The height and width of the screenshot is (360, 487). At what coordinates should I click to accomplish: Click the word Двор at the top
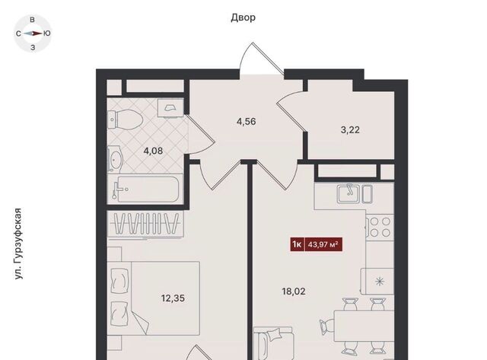coord(243,18)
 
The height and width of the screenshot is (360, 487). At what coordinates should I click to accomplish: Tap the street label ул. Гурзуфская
coord(18,244)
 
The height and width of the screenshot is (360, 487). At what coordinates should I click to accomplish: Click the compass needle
coord(33,33)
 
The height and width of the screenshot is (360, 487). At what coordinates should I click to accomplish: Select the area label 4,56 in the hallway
coord(246,122)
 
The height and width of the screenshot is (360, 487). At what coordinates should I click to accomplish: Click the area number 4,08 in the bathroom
coord(153,151)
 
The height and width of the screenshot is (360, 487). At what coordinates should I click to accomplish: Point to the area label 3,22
coord(350,130)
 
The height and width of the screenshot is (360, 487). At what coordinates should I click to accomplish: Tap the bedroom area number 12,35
coord(173,298)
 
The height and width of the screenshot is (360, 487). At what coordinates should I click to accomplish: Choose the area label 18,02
coord(294,292)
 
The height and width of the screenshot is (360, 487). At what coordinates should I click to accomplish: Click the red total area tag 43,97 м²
coord(323,245)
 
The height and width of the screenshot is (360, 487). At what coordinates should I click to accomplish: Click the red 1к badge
coord(297,245)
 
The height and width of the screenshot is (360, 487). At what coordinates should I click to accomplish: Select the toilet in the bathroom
coord(125,119)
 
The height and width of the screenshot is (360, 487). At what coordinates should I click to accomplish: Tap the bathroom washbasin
coord(115,159)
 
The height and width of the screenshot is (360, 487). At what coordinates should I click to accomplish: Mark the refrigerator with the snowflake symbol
coord(377,282)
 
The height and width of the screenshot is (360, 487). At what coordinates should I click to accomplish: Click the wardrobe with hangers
coord(145,224)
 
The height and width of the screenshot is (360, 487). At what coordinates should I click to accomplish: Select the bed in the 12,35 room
coord(153,298)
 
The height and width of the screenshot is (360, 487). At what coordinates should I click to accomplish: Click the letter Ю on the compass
coord(47,33)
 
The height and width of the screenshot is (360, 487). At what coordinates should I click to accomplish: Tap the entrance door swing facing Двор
coord(261,59)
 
